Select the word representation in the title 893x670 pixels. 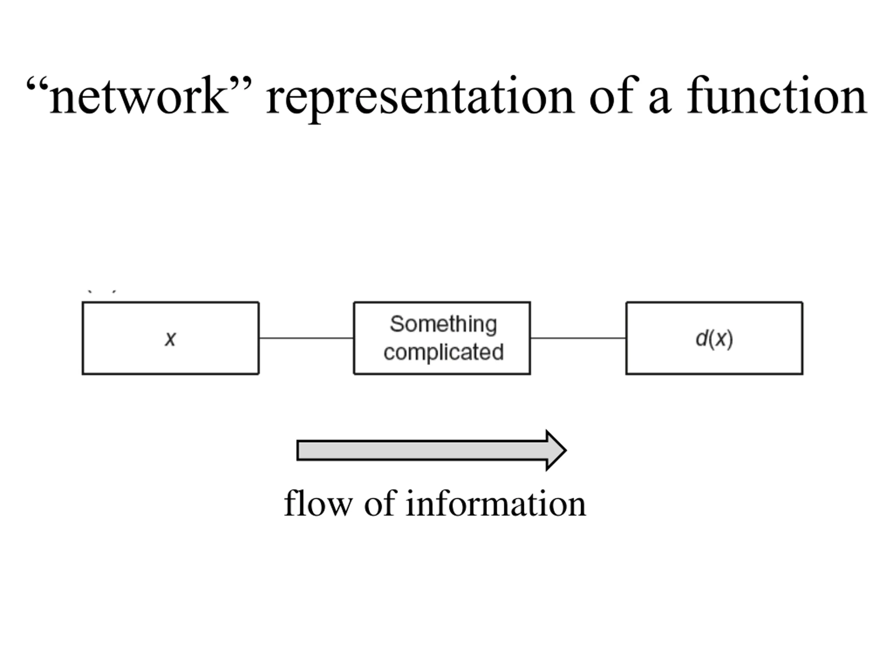[420, 99]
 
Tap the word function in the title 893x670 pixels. [777, 95]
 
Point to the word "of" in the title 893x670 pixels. [614, 95]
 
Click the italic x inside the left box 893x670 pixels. [170, 338]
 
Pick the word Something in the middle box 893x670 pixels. [443, 324]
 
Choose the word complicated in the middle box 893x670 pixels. [444, 352]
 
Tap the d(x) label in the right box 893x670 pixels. [714, 338]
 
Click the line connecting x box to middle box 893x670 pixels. [306, 338]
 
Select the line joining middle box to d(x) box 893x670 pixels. [578, 338]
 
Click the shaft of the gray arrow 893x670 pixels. [421, 450]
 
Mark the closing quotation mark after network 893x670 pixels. [241, 84]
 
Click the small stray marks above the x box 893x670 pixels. [102, 291]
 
